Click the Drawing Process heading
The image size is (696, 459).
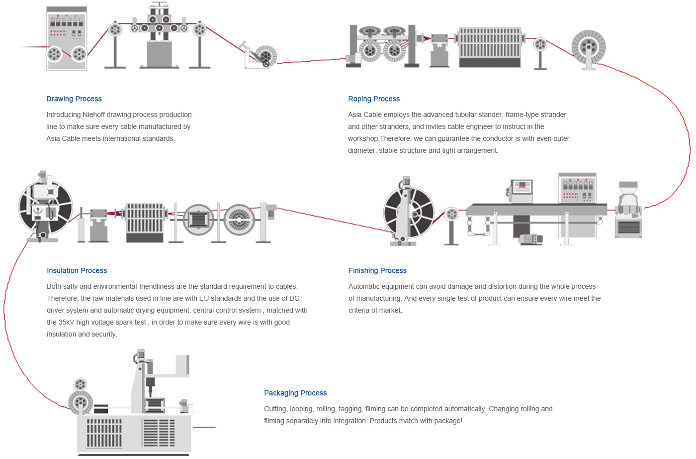(x=74, y=99)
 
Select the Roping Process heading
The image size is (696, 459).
(x=373, y=99)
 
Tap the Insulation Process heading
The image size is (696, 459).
(x=77, y=271)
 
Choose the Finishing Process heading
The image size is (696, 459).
(x=377, y=271)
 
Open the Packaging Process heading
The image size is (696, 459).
(x=295, y=393)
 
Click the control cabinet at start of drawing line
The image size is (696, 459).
(x=67, y=38)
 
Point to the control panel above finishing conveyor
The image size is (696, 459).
(x=577, y=188)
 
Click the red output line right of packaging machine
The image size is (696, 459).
(x=204, y=427)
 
